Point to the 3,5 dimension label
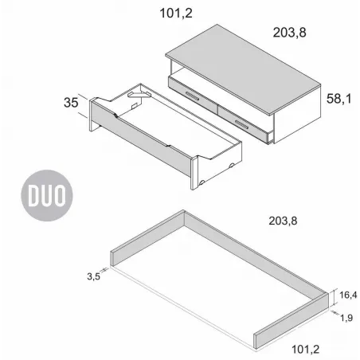tap(93, 277)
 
